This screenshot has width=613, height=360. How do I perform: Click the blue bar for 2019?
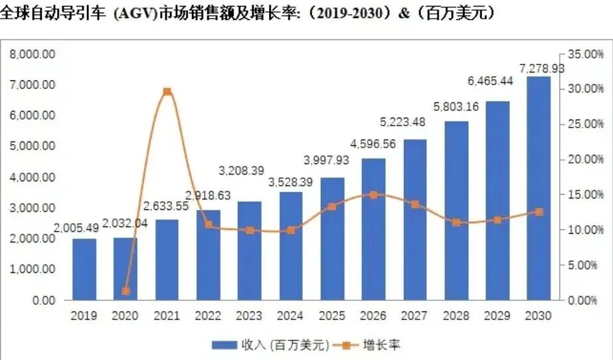pyautogui.click(x=84, y=269)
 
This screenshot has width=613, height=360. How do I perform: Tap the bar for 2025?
pyautogui.click(x=332, y=238)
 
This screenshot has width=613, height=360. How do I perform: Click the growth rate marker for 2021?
pyautogui.click(x=167, y=92)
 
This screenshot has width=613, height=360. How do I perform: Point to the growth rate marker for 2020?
pyautogui.click(x=126, y=291)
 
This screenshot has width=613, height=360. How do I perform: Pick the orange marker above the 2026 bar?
pyautogui.click(x=373, y=195)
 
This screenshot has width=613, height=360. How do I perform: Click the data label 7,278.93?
pyautogui.click(x=541, y=68)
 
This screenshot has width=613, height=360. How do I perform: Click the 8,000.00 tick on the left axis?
pyautogui.click(x=32, y=54)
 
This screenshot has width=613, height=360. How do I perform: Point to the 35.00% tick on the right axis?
pyautogui.click(x=587, y=54)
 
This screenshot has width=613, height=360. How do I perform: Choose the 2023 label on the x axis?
pyautogui.click(x=249, y=316)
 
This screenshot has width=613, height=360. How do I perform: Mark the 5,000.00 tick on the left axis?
pyautogui.click(x=32, y=146)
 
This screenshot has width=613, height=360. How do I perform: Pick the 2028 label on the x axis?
pyautogui.click(x=456, y=316)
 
